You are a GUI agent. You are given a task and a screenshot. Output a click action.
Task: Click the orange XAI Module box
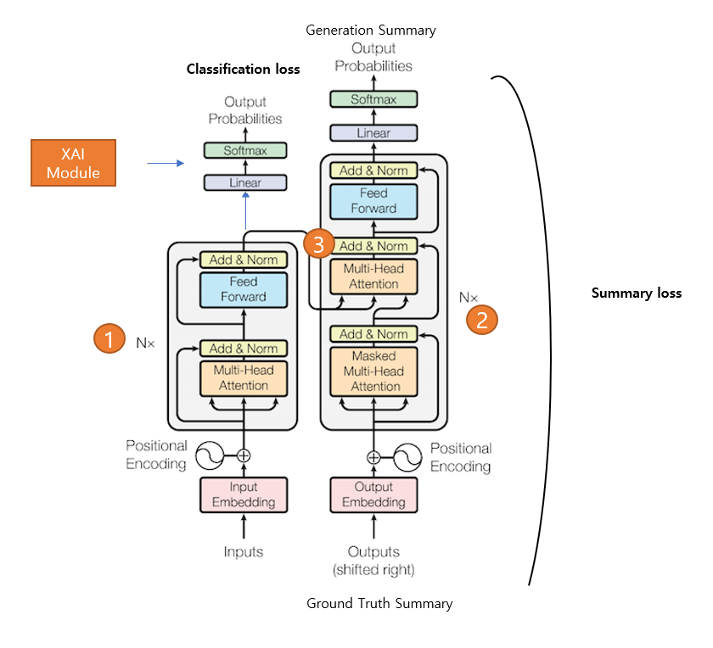[x=73, y=162]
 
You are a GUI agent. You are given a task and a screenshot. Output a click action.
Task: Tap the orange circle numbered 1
[x=108, y=339]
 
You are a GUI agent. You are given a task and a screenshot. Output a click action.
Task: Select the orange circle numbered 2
[x=482, y=320]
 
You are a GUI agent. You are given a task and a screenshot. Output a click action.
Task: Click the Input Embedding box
[x=244, y=494]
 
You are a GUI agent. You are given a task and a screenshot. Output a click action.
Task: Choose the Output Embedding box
[x=373, y=494]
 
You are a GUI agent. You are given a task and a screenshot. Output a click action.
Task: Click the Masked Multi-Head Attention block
[x=374, y=371]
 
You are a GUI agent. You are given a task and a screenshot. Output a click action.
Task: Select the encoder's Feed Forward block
[x=244, y=289]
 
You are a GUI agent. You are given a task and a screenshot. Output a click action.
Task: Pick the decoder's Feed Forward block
[x=374, y=200]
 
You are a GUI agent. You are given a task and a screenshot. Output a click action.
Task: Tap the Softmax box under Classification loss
[x=245, y=151]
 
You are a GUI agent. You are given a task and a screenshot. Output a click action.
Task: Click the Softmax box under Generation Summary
[x=373, y=100]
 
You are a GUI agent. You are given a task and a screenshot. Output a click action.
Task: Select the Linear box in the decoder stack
[x=373, y=133]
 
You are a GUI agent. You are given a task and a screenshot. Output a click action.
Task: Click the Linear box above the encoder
[x=245, y=182]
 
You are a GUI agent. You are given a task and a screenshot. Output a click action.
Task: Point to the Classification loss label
[x=243, y=70]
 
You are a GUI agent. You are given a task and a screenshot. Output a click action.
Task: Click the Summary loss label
[x=636, y=293]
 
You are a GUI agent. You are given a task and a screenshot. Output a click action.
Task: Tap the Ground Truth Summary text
[x=379, y=604]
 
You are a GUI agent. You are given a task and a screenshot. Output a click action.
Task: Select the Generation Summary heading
[x=371, y=31]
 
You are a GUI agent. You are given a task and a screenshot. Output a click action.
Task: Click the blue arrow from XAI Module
[x=166, y=163]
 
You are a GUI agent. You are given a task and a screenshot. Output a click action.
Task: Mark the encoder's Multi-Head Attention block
[x=244, y=378]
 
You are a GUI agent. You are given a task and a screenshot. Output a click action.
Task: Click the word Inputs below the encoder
[x=244, y=552]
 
